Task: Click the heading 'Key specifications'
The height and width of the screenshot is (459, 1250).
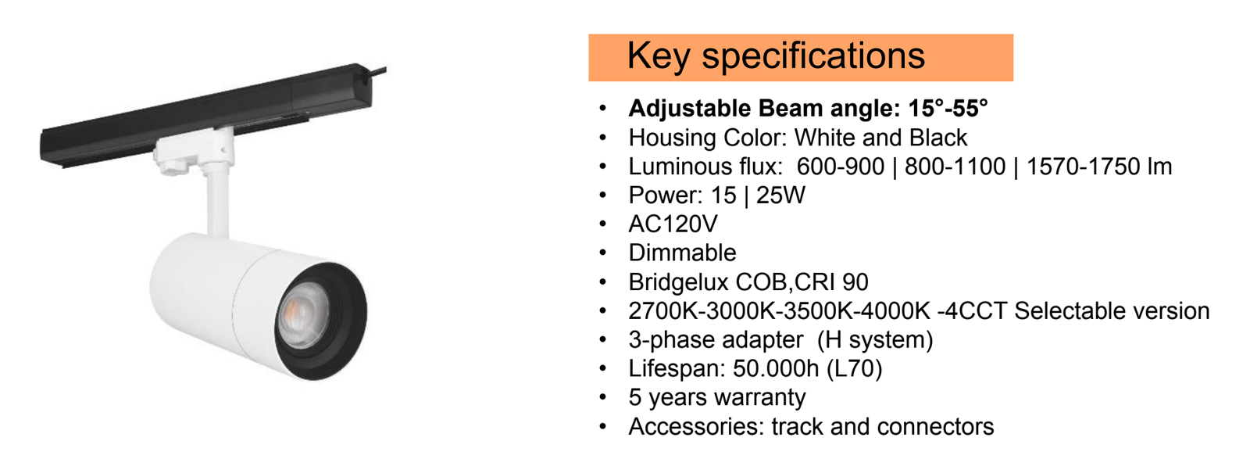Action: click(775, 56)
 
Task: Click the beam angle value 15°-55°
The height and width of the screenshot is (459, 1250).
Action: click(948, 108)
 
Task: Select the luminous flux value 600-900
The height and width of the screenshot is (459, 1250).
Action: click(840, 167)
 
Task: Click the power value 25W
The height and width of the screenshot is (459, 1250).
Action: click(780, 195)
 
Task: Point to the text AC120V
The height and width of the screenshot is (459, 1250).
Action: click(673, 224)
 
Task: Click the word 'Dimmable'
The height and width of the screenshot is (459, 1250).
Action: click(682, 253)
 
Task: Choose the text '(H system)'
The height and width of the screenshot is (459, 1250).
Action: click(875, 340)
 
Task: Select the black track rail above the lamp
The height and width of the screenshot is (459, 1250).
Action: click(203, 117)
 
